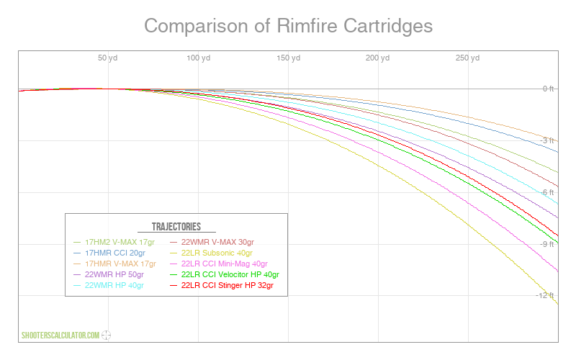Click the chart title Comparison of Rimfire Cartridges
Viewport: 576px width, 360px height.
289,26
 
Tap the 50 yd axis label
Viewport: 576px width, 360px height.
107,58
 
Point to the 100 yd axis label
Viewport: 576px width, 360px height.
199,58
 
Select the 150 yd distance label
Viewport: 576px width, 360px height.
289,58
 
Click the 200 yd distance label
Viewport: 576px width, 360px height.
377,58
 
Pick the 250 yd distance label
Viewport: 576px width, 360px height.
467,58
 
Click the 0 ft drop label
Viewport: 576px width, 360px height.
548,89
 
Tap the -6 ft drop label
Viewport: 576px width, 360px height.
547,192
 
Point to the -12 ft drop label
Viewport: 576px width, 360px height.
545,295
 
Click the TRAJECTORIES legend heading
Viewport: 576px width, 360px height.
176,227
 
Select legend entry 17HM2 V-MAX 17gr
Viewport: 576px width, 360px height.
114,242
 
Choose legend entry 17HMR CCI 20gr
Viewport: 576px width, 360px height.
109,253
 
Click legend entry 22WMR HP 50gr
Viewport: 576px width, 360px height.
109,274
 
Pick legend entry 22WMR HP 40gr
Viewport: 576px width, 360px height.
109,285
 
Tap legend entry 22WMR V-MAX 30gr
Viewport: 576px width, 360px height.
212,242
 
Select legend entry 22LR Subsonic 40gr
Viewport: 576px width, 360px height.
211,253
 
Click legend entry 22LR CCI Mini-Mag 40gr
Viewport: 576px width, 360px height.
219,264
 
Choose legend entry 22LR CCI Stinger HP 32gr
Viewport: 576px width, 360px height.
222,285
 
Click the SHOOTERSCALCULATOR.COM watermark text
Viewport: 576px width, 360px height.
60,336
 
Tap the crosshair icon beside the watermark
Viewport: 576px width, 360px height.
106,335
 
